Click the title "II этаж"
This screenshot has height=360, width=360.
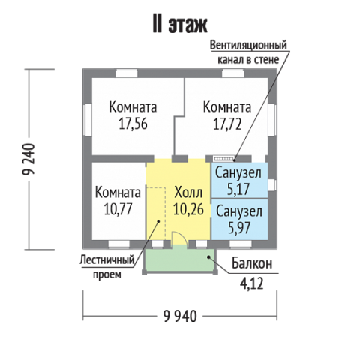(180, 25)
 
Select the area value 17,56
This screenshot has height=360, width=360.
(133, 124)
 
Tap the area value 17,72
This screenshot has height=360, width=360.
(227, 124)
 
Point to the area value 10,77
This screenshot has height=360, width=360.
(118, 209)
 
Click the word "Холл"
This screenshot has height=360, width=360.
(188, 193)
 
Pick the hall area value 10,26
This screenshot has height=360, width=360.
(188, 209)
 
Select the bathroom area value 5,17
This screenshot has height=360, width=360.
(238, 189)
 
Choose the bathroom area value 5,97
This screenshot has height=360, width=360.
(239, 227)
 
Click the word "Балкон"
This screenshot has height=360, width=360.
(252, 263)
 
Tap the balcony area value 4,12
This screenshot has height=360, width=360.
(252, 283)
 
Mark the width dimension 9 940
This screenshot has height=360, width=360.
(180, 316)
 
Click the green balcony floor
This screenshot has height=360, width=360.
(179, 259)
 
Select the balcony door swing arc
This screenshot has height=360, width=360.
(182, 235)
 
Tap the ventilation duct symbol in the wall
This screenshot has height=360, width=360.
(224, 158)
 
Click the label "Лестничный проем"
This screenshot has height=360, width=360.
(107, 267)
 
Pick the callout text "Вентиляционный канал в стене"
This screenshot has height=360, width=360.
(248, 52)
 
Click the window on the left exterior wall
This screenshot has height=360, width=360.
(88, 120)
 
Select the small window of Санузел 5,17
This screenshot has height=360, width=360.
(272, 185)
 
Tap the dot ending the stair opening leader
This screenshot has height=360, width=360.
(158, 221)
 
